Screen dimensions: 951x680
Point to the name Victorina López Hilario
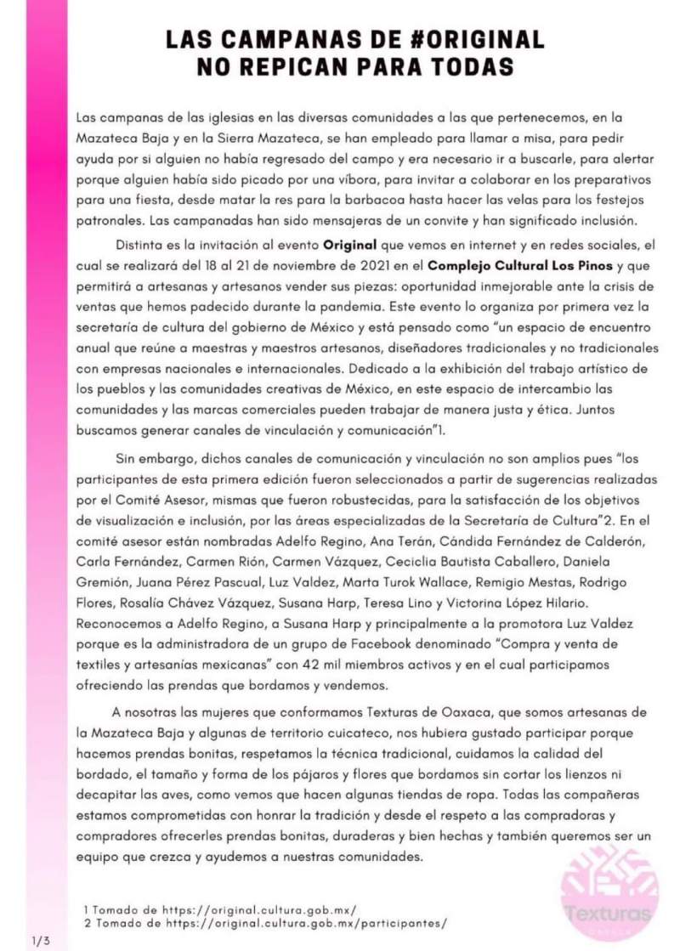524,601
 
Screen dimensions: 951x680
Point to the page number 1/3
41,940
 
